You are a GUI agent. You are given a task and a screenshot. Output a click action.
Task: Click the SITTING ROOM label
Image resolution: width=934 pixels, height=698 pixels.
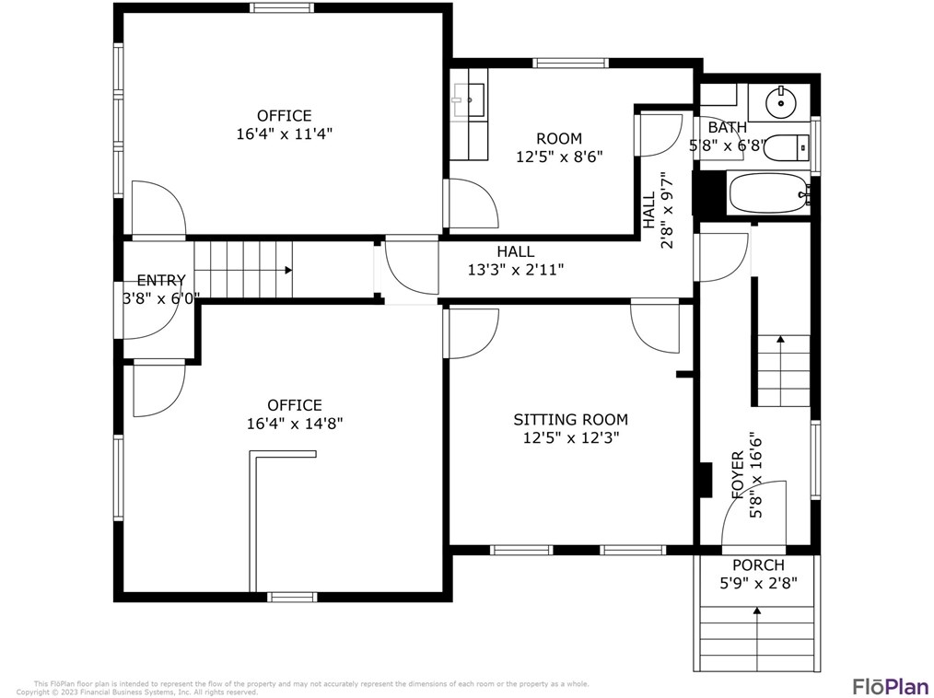[570, 419]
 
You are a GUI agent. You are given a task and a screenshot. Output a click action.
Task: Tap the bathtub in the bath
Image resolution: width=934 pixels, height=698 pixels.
[768, 194]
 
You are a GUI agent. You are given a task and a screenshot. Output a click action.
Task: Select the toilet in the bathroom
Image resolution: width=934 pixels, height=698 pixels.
[786, 147]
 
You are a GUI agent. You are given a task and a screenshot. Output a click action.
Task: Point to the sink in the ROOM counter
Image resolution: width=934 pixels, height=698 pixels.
[469, 99]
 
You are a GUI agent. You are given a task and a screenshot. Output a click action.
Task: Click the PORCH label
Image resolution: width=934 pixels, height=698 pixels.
[758, 564]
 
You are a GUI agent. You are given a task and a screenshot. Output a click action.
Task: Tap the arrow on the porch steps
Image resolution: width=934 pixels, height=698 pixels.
[757, 611]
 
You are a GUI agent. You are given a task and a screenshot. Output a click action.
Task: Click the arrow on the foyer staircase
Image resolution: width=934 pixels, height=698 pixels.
[781, 340]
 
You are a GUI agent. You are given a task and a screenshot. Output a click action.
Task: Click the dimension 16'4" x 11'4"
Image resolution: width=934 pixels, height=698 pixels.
[284, 134]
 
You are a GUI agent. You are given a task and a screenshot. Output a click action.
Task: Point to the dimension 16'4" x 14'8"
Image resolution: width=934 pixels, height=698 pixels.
[295, 424]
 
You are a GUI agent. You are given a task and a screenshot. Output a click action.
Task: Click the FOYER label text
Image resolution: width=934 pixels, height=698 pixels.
[738, 475]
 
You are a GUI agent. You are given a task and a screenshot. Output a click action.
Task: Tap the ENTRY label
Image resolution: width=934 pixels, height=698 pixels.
[161, 281]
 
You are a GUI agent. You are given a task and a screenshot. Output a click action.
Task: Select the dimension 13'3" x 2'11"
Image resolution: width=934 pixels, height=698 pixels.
[515, 270]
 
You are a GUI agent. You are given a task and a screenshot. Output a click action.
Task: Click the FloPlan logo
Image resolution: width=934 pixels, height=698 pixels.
[889, 686]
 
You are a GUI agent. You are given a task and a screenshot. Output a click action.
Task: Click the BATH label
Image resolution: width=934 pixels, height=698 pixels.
[727, 127]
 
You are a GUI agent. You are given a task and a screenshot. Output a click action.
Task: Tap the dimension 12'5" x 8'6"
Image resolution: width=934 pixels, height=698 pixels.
[558, 157]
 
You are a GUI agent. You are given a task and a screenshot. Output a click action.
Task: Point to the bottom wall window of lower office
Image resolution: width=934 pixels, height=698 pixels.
[292, 597]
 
